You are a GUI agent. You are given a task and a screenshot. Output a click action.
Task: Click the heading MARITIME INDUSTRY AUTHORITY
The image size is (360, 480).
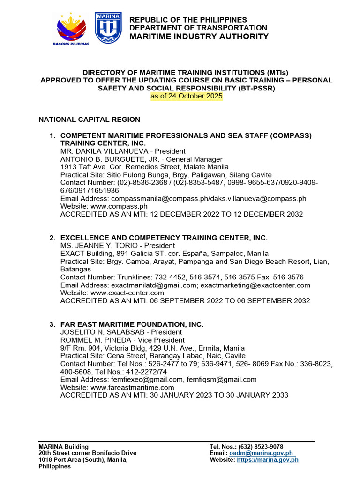point(199,37)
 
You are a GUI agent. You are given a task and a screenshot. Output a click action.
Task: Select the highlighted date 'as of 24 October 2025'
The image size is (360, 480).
point(187,96)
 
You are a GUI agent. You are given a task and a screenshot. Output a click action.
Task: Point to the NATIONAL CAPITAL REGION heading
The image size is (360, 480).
point(89,120)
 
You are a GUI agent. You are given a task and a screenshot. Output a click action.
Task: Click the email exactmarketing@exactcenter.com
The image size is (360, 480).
point(256,285)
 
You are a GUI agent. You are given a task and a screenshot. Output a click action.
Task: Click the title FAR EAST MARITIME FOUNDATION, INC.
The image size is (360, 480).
point(132,324)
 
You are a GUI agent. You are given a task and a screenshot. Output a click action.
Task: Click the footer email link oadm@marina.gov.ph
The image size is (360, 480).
point(261,453)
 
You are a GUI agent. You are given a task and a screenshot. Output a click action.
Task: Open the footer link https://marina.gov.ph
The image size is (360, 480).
point(268,460)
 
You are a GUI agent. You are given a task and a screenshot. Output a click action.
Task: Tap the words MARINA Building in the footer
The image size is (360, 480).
point(63,447)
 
